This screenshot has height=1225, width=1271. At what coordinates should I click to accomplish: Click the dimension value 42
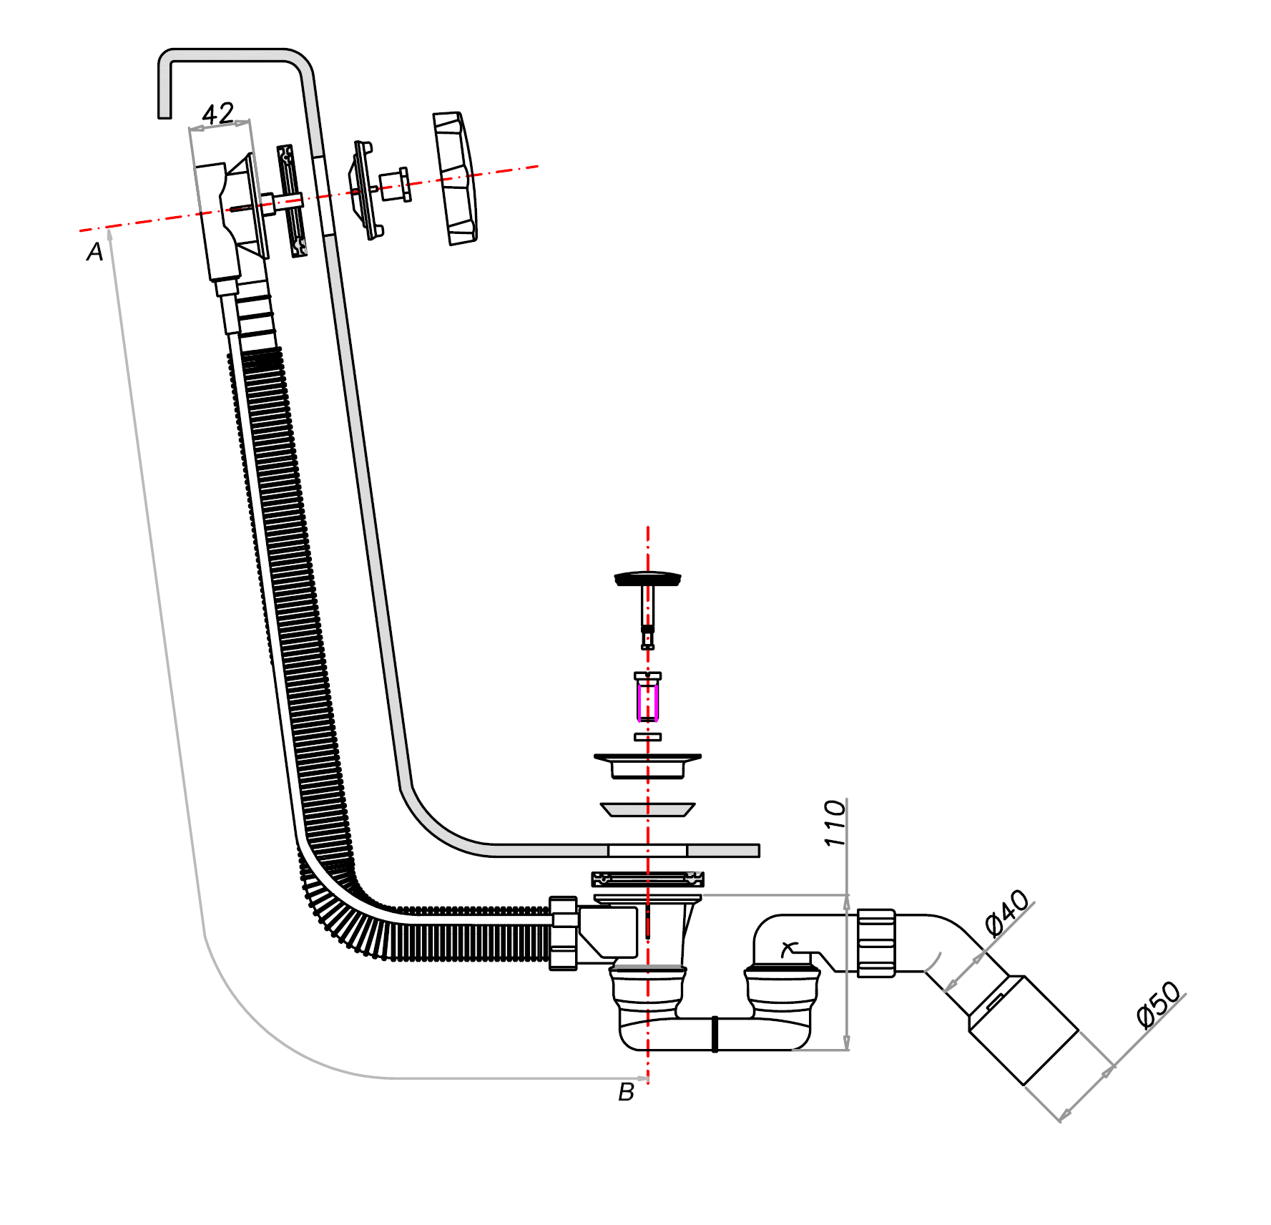click(218, 114)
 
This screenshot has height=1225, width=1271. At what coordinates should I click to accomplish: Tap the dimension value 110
click(835, 824)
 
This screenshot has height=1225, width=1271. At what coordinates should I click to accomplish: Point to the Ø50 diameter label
click(1159, 1005)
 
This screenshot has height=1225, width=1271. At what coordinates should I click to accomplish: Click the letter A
click(95, 252)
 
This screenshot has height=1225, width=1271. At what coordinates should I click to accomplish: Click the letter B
click(626, 1092)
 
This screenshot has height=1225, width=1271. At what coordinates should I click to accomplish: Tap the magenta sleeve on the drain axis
click(648, 702)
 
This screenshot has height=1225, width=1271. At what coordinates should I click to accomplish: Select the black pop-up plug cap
click(648, 578)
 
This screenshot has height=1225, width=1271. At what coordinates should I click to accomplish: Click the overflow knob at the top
click(454, 179)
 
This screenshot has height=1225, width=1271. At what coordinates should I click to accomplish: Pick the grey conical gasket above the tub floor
click(648, 809)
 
